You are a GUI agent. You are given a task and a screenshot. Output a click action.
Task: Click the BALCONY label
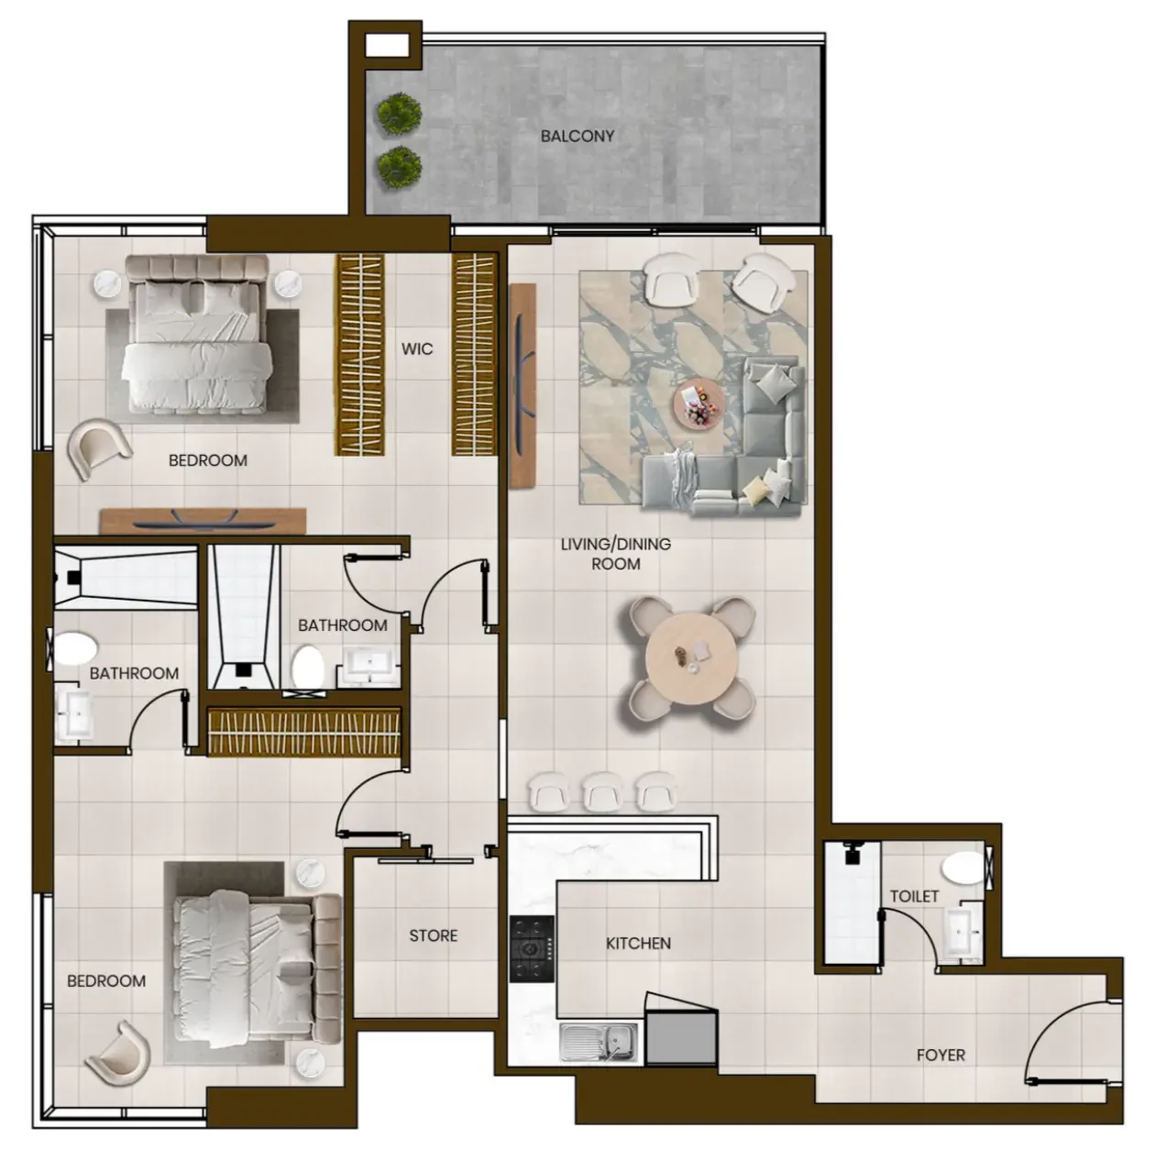pyautogui.click(x=577, y=136)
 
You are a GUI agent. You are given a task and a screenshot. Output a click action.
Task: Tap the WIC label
pyautogui.click(x=416, y=349)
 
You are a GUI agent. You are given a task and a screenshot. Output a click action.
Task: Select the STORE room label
pyautogui.click(x=434, y=935)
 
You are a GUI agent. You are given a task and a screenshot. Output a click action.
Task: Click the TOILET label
pyautogui.click(x=914, y=896)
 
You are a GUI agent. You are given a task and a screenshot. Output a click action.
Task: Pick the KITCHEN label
pyautogui.click(x=638, y=943)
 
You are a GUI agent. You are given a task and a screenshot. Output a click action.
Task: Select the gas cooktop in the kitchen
pyautogui.click(x=532, y=948)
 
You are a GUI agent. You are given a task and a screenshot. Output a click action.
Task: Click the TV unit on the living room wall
pyautogui.click(x=522, y=385)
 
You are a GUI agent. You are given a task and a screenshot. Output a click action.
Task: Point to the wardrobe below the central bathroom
pyautogui.click(x=304, y=731)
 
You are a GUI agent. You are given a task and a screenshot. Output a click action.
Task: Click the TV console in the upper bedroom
pyautogui.click(x=203, y=520)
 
